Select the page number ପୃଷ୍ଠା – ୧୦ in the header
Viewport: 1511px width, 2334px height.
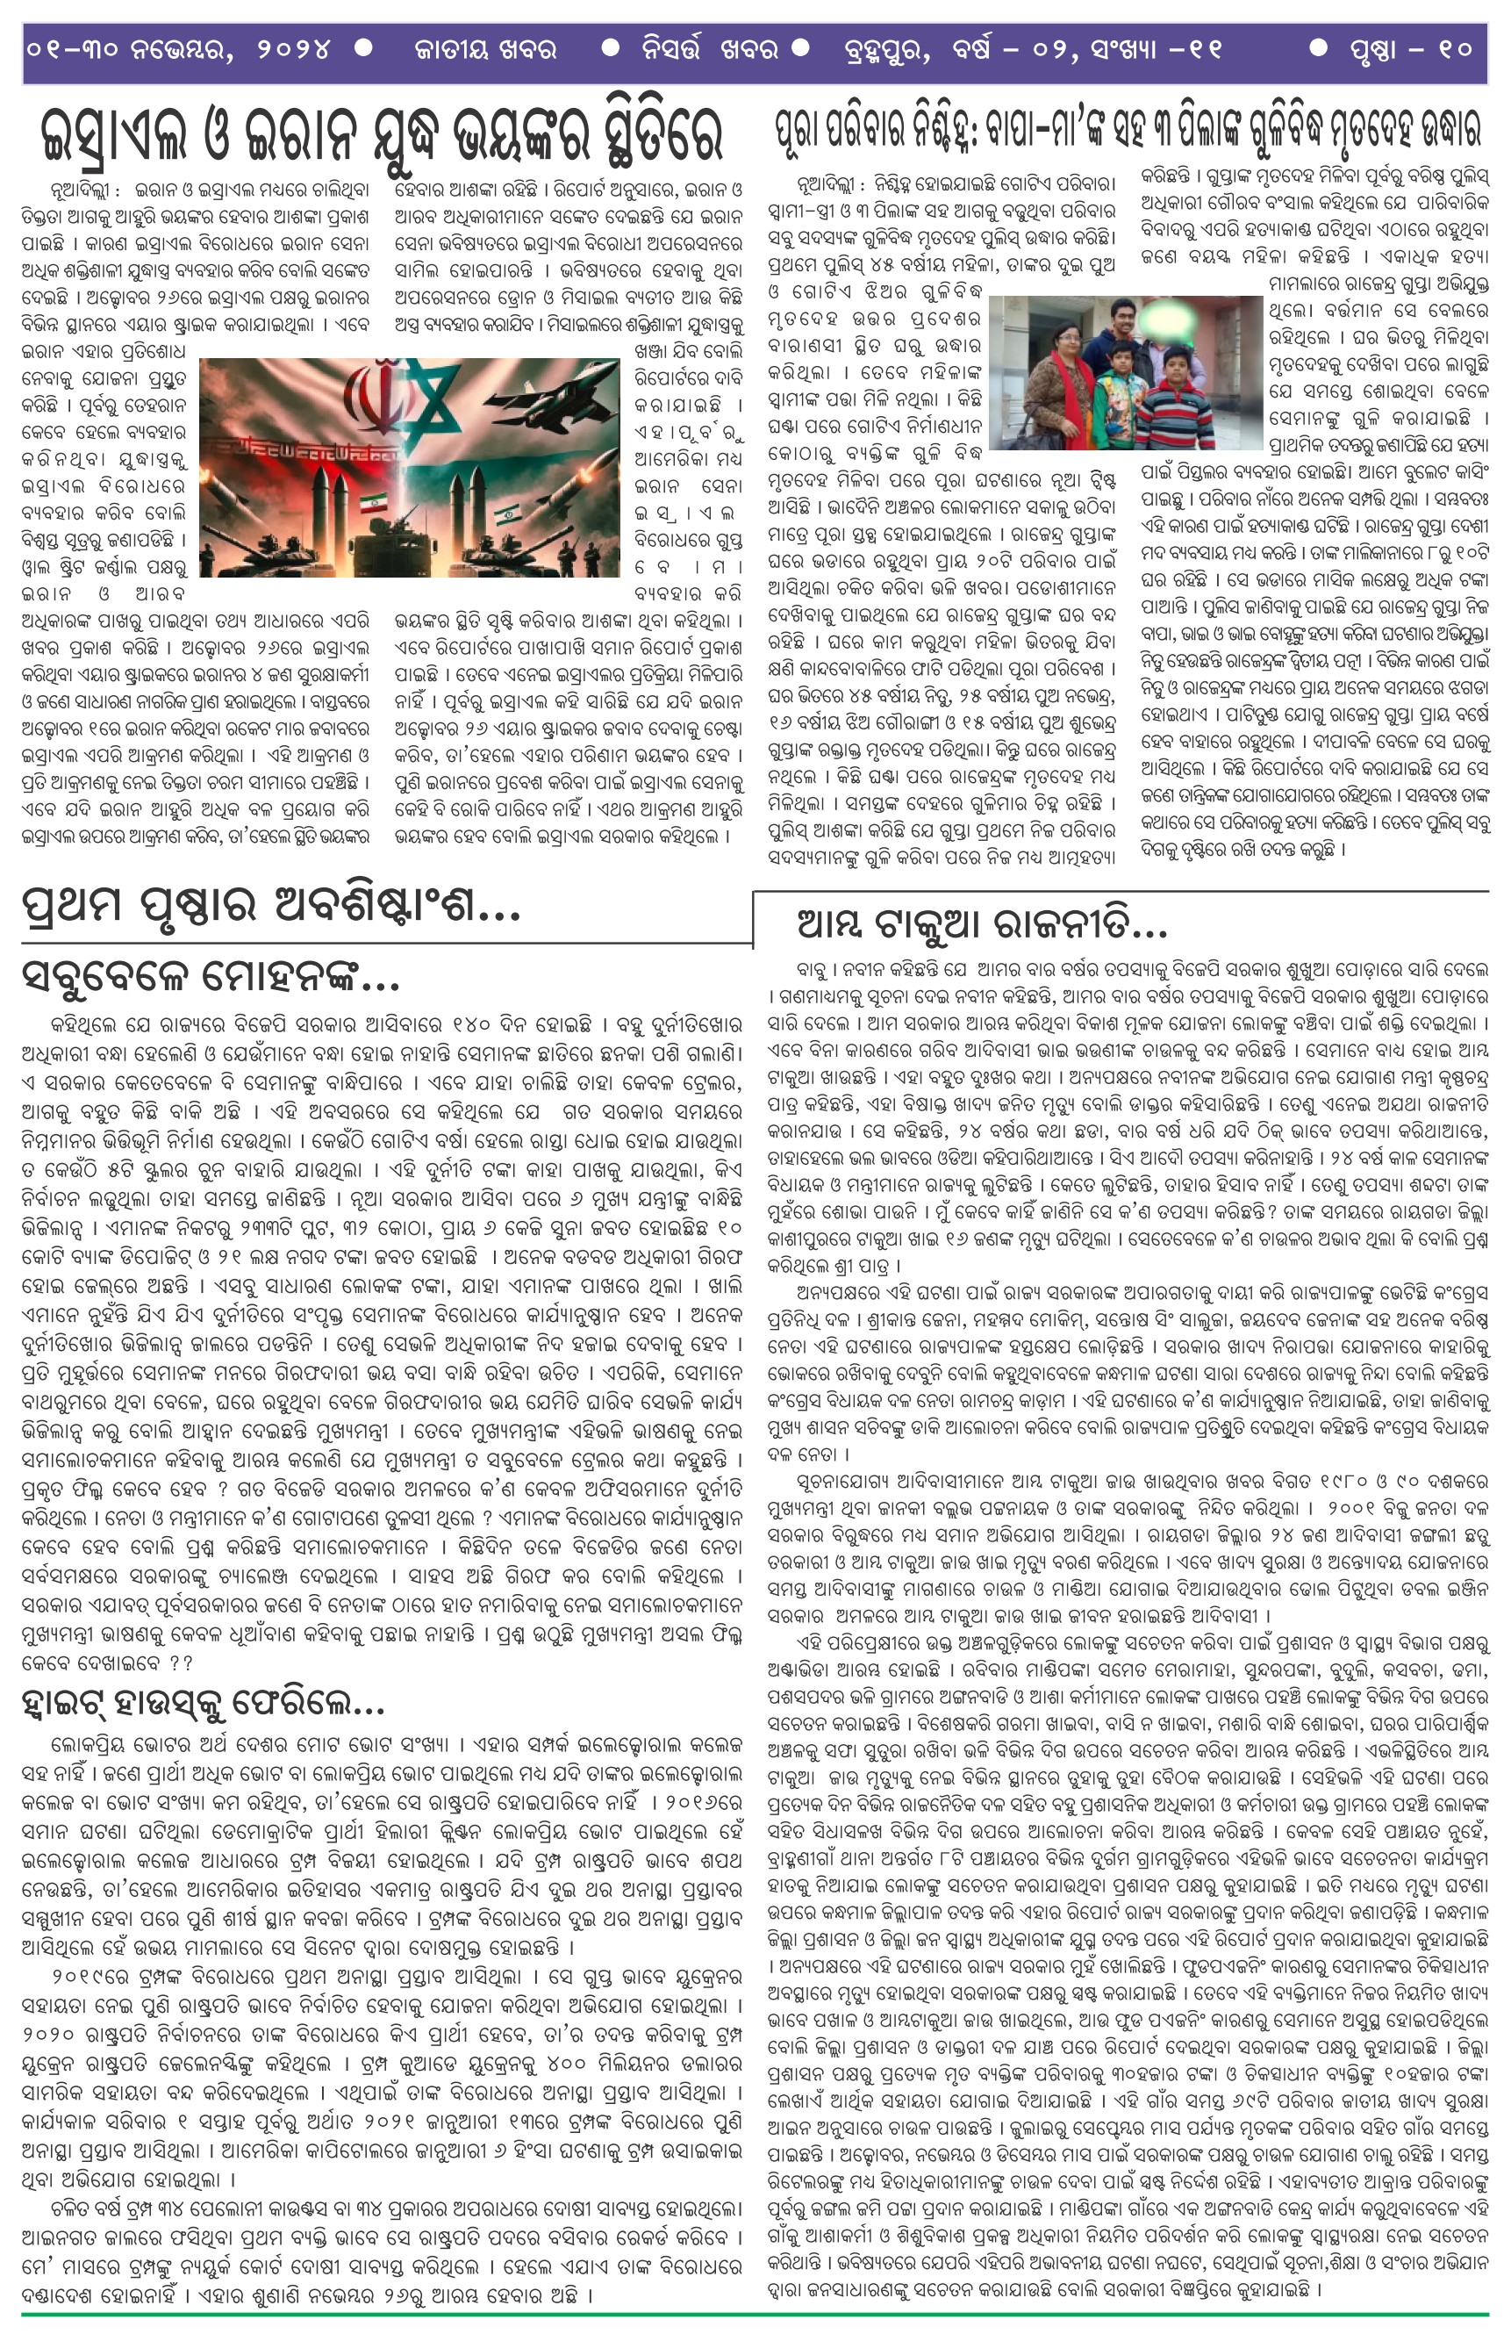[1403, 49]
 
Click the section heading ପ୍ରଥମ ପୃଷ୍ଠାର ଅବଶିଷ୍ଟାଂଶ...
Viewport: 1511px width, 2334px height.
[269, 906]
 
